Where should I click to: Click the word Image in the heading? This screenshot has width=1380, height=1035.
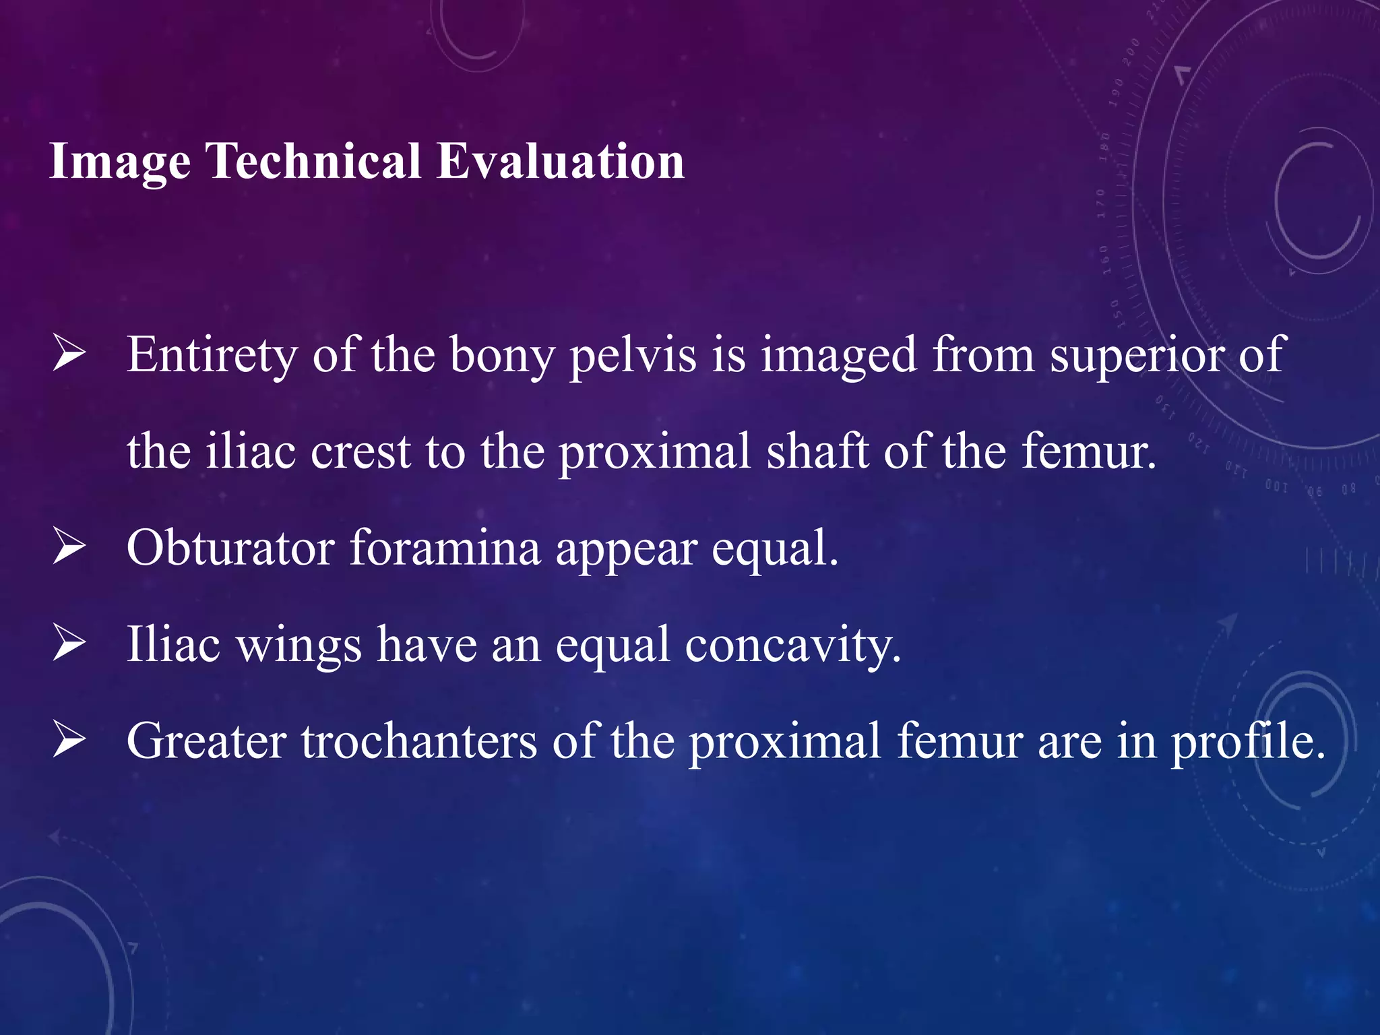(120, 162)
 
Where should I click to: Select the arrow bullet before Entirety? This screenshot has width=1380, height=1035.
(69, 354)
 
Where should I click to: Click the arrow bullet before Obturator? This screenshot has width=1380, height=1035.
(69, 546)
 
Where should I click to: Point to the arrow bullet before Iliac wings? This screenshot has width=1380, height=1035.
(69, 643)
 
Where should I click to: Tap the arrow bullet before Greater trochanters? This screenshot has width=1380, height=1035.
(69, 739)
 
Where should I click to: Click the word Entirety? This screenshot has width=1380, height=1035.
(212, 356)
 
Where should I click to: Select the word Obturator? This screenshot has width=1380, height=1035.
(230, 547)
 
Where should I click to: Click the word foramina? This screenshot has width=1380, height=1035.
(445, 547)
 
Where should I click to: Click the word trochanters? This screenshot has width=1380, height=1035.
(418, 741)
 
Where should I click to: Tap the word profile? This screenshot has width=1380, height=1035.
(1247, 741)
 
